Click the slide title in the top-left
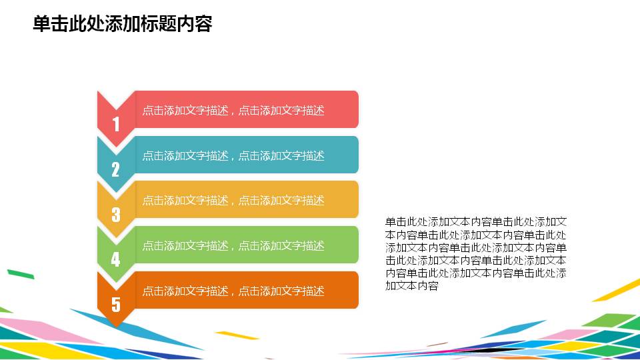122,25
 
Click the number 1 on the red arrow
116,124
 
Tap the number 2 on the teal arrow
115,169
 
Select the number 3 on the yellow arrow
116,215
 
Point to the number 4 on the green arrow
115,259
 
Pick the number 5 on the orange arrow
116,305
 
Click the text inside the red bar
233,111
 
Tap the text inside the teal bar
233,155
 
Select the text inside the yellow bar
233,200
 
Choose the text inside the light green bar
233,245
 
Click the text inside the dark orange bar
233,291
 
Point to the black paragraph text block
476,253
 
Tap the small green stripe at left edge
20,273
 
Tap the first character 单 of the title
41,25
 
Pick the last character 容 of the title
204,25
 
